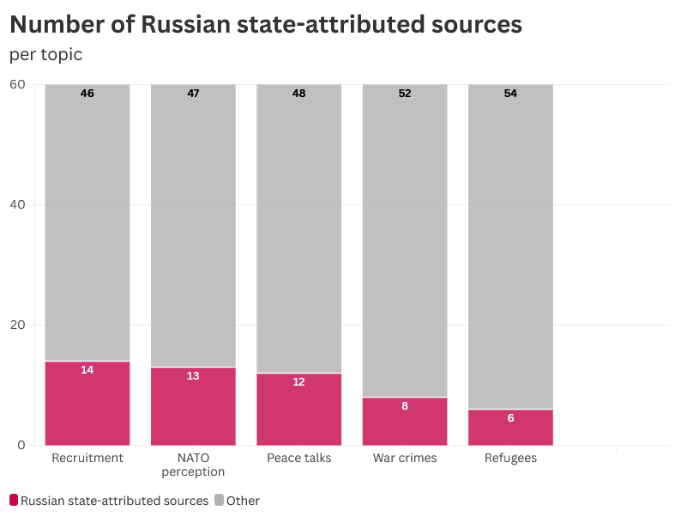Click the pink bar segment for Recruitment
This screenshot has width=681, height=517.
(x=87, y=404)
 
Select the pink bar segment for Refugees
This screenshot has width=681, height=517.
(x=510, y=428)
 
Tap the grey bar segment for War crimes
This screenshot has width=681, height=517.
(x=405, y=240)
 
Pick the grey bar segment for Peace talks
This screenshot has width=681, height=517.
(x=298, y=228)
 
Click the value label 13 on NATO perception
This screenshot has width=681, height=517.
(x=193, y=376)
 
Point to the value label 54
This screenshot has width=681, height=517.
(x=510, y=94)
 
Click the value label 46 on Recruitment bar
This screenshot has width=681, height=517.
(x=87, y=94)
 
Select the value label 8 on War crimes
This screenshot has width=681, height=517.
(x=405, y=406)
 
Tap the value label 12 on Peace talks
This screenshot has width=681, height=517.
(x=298, y=382)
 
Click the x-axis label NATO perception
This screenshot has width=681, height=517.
(x=193, y=465)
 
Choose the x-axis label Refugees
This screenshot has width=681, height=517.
(x=510, y=458)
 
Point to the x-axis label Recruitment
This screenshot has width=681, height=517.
(x=87, y=458)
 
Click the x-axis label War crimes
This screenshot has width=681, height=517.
(x=405, y=458)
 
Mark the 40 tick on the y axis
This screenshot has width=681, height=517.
(x=18, y=204)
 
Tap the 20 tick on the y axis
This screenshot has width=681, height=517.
(x=18, y=325)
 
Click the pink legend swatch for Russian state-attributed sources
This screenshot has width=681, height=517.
(x=14, y=500)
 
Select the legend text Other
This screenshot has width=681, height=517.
(x=243, y=501)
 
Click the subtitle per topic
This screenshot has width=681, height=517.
(x=46, y=54)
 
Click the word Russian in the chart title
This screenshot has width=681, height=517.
(x=183, y=24)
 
